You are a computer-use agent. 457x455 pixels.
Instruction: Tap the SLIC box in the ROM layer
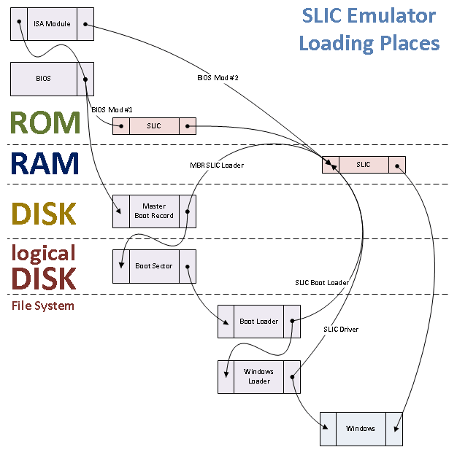[x=154, y=126]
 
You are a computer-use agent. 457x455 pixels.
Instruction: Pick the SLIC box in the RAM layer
[x=363, y=165]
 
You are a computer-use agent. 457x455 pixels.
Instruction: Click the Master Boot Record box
[x=154, y=211]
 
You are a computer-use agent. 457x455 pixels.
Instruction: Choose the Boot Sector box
[x=154, y=266]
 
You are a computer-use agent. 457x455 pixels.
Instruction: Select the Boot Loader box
[x=258, y=322]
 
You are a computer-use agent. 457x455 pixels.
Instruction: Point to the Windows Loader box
[x=258, y=376]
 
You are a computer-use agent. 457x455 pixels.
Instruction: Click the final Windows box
[x=361, y=428]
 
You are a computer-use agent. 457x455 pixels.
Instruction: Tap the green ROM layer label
[x=46, y=124]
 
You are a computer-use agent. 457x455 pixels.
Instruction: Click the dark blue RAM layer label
[x=45, y=165]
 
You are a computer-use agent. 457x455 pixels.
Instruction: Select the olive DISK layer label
[x=45, y=214]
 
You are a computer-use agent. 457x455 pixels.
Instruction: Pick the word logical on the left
[x=44, y=253]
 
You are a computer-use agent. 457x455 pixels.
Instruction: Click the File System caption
[x=43, y=306]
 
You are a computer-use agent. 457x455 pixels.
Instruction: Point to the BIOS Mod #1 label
[x=112, y=109]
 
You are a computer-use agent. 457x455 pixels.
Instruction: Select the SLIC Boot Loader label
[x=322, y=282]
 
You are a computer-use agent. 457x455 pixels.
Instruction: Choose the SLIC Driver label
[x=341, y=330]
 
